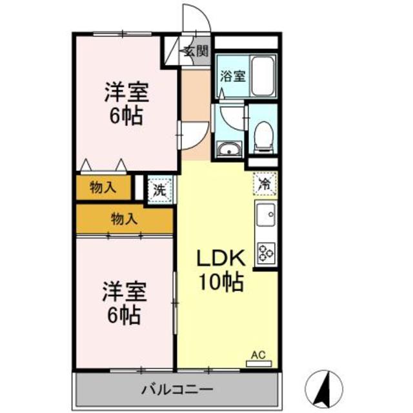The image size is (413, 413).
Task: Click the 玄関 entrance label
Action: click(196, 51)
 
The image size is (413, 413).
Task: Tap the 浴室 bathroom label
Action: click(233, 76)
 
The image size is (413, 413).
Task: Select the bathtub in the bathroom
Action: click(263, 76)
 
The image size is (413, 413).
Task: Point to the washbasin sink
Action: click(229, 149)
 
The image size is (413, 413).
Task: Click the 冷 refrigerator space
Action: click(265, 184)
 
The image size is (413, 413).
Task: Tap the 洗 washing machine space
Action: click(160, 190)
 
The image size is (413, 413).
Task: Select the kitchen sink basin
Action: click(267, 214)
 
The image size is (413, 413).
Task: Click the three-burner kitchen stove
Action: click(267, 252)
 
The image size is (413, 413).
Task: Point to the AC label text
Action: click(258, 355)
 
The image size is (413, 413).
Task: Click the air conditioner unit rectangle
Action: click(259, 364)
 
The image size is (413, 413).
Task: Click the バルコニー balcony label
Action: click(177, 389)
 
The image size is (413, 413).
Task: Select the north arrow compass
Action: click(324, 388)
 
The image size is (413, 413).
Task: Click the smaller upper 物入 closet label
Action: click(103, 188)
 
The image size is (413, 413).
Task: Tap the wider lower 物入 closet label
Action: click(125, 219)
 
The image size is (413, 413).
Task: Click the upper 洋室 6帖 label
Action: click(126, 103)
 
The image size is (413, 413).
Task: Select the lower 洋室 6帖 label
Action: click(125, 303)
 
